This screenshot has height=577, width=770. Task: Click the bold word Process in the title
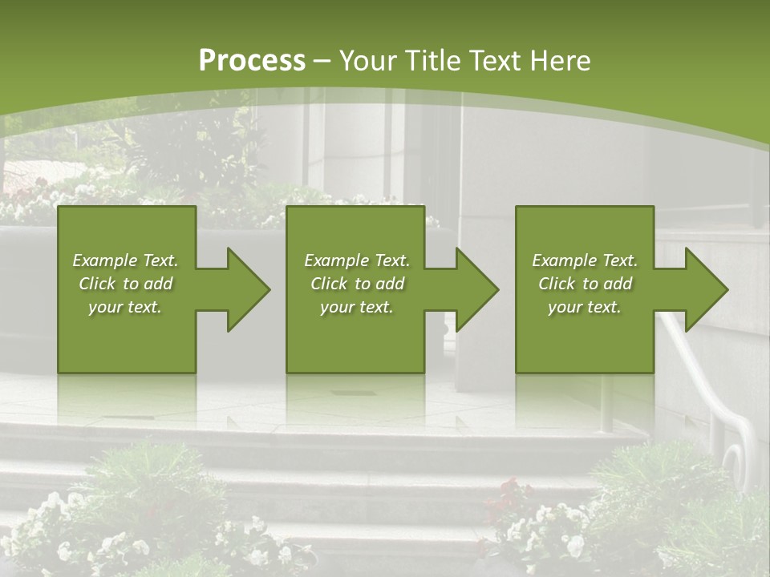coord(252,61)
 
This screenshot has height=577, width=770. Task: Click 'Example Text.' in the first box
coord(125,260)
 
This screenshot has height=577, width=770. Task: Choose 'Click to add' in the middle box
coord(357,284)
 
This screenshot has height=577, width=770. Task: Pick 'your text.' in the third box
coord(584,307)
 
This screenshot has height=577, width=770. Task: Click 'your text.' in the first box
coord(125,307)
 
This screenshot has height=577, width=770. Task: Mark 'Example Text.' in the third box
coord(584,260)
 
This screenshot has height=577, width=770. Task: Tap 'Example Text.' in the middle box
coord(357,260)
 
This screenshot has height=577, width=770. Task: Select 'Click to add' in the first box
coord(125,284)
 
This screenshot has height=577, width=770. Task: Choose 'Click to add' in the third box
coord(584,284)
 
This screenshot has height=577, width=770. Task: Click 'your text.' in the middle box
coord(357,307)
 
